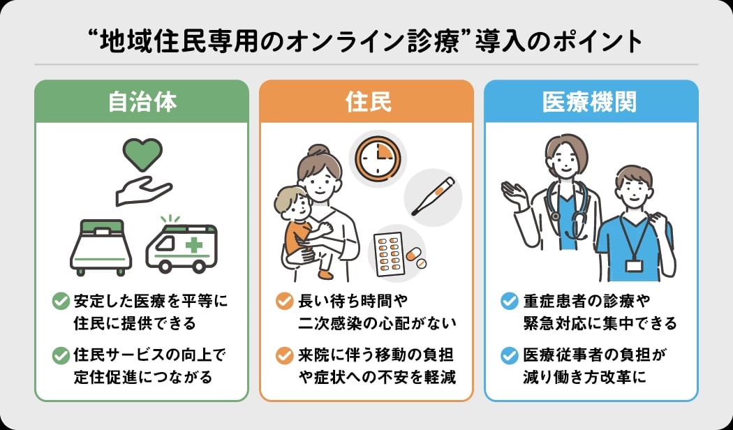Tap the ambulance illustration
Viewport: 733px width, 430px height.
pos(181,246)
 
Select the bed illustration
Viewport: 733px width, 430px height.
pos(101,246)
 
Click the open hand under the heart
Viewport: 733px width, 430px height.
pos(142,191)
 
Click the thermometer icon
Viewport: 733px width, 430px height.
pos(433,195)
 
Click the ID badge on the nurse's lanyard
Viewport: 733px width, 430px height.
pos(633,265)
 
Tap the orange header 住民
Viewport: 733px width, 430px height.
pos(366,102)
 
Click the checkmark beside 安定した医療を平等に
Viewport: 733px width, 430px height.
pos(61,302)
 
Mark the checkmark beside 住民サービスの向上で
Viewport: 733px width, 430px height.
pos(61,355)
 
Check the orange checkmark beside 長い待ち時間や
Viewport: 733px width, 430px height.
pos(284,302)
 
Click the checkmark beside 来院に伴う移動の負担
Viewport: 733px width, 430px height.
pos(284,355)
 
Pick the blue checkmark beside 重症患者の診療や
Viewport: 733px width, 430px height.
pos(510,302)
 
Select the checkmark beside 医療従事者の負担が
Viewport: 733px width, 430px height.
pos(510,355)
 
